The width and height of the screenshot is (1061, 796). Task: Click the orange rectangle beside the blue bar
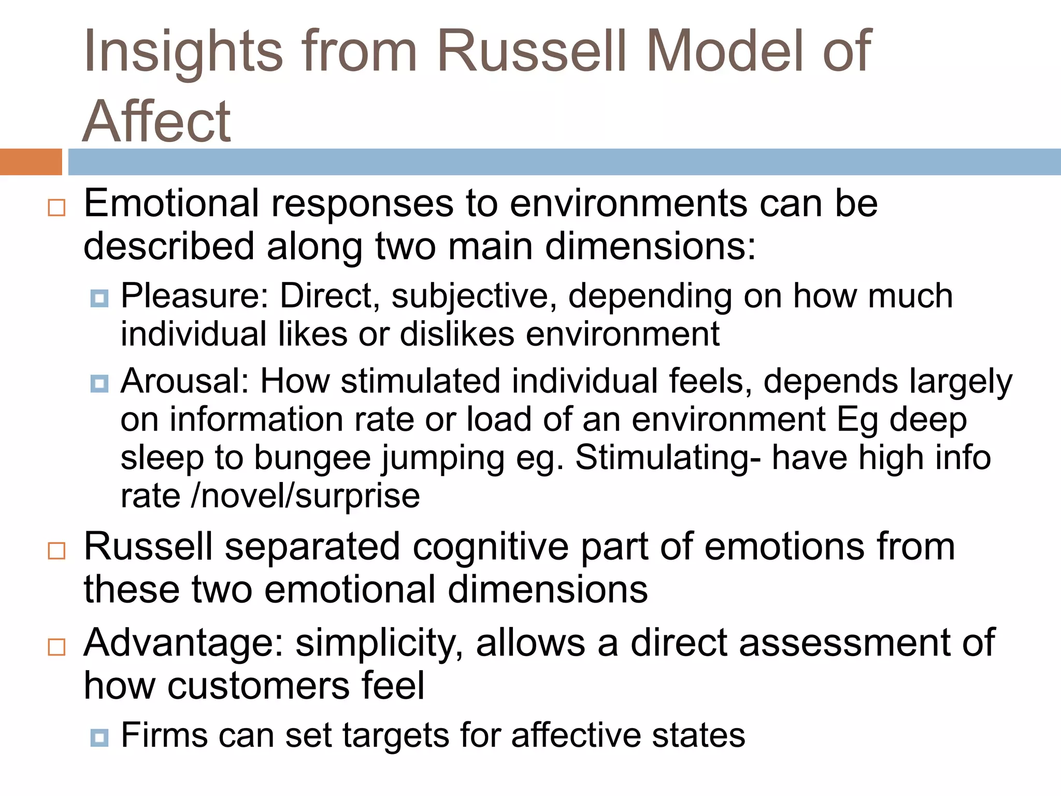point(31,162)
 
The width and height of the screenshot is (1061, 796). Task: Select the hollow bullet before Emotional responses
point(56,207)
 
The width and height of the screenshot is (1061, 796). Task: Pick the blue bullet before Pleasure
point(99,298)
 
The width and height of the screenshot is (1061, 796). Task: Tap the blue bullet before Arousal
point(99,383)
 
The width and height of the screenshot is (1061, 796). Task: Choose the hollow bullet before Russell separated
point(56,550)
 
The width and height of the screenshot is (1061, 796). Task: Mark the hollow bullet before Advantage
point(56,647)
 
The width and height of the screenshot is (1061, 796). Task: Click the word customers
point(259,686)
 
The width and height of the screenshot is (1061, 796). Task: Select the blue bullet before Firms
point(99,737)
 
